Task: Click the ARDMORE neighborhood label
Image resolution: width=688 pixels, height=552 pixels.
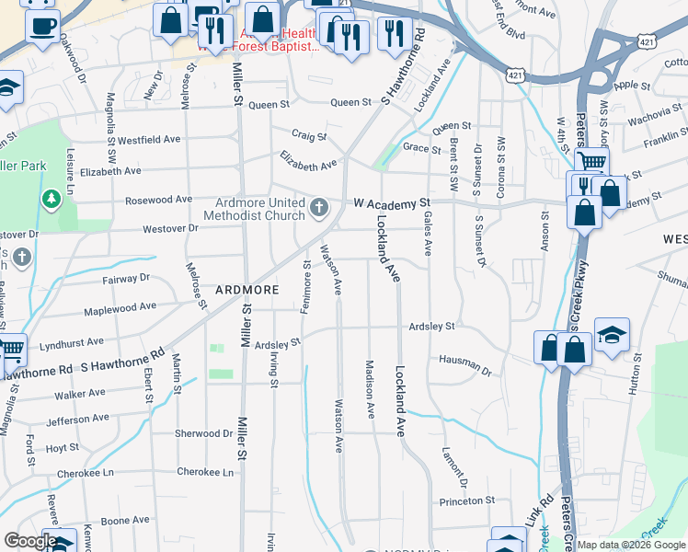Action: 247,289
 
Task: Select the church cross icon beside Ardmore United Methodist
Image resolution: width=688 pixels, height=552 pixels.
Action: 319,206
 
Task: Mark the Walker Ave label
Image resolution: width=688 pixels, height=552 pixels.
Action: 79,394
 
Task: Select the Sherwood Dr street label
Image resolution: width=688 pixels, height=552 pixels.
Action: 203,433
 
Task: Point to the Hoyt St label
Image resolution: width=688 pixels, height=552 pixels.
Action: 63,448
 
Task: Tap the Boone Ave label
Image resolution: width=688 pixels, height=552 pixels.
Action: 125,521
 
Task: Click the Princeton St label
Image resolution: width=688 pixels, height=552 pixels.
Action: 467,501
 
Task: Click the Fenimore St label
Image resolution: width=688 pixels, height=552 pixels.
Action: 305,285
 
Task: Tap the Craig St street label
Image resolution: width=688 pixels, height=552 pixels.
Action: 310,136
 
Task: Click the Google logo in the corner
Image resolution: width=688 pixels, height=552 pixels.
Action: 29,541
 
